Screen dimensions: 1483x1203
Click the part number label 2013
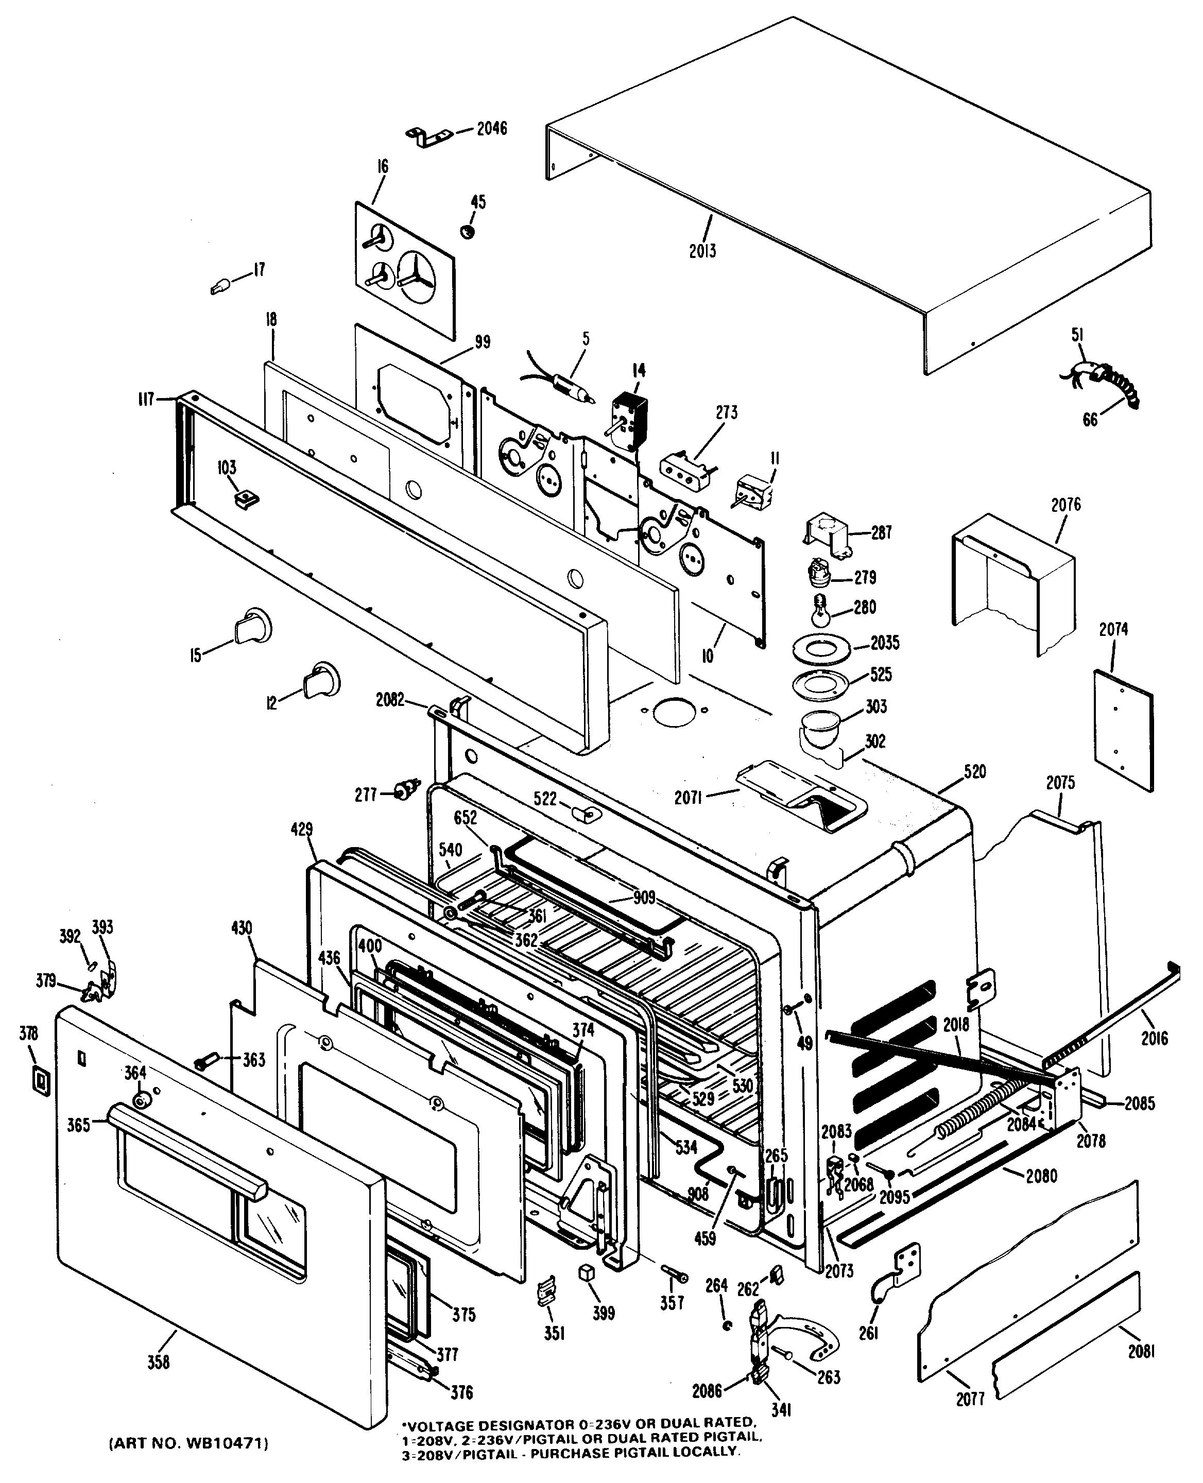point(702,251)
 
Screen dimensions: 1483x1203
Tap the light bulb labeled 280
point(820,612)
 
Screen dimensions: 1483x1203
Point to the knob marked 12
point(320,679)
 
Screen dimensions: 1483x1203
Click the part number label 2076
point(1065,505)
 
